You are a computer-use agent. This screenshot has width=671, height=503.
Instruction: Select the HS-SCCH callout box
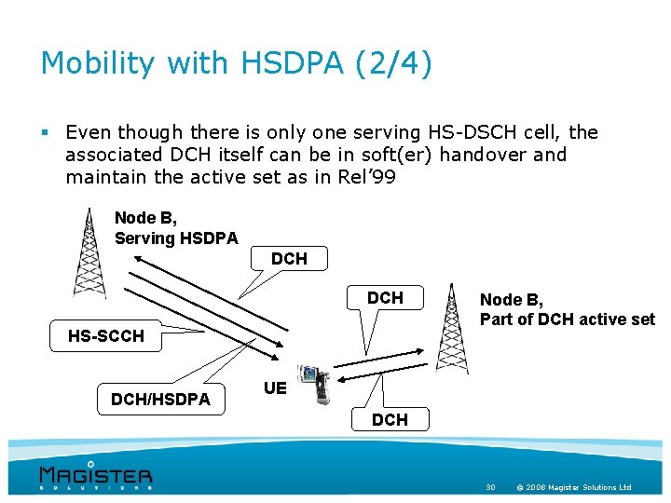pos(106,335)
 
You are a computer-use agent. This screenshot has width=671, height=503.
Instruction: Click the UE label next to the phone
pos(274,387)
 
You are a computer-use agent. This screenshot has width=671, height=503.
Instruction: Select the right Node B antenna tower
pos(453,328)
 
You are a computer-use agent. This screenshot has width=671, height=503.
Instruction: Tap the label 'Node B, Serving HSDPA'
pos(175,227)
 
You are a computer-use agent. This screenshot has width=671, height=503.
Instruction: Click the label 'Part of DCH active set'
pos(567,319)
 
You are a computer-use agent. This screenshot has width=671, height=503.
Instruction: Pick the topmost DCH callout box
pos(289,258)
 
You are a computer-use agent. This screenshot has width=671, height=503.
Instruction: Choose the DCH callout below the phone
pos(390,419)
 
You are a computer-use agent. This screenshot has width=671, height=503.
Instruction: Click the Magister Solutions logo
pos(95,475)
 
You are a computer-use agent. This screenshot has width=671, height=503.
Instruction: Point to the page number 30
pos(490,487)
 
